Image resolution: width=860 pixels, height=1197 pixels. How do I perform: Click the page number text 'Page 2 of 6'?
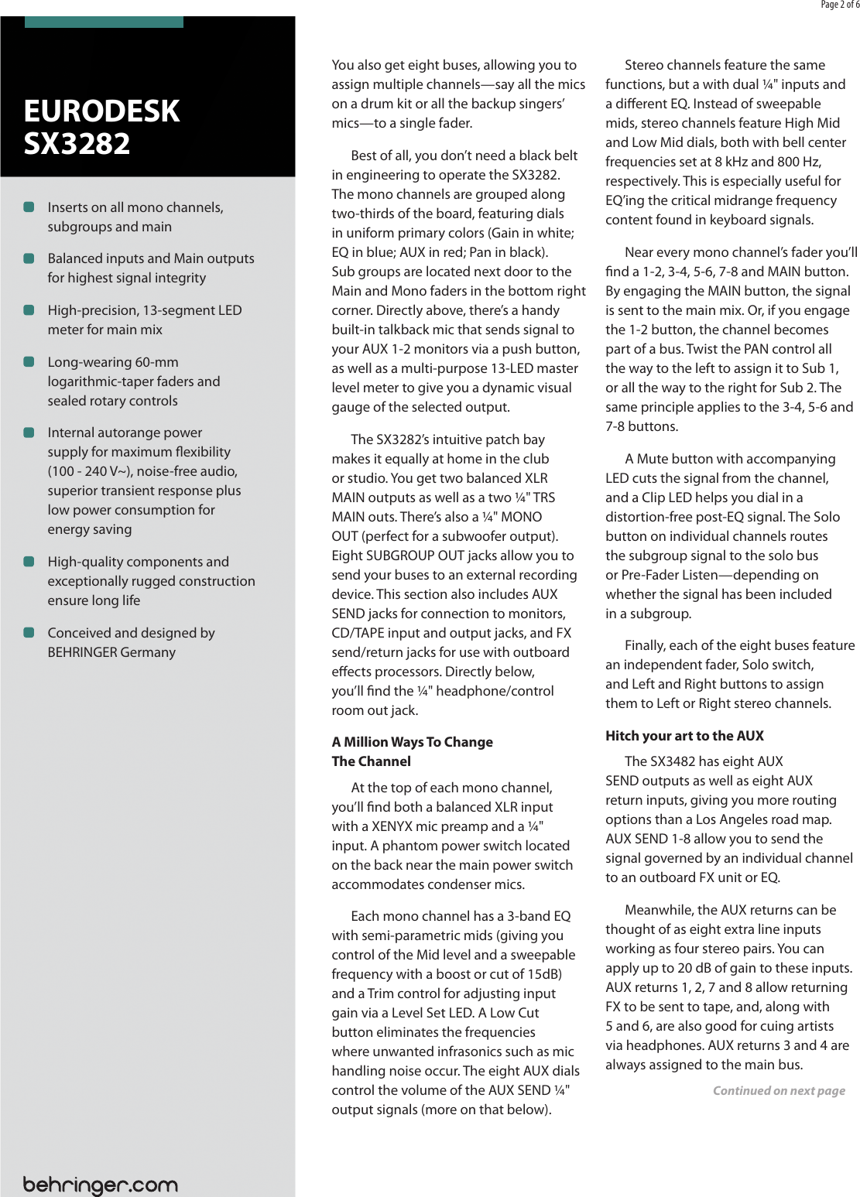pyautogui.click(x=839, y=5)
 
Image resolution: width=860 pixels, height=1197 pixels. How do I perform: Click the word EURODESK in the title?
pyautogui.click(x=101, y=111)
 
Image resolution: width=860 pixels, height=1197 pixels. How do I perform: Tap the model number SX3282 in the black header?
pyautogui.click(x=77, y=144)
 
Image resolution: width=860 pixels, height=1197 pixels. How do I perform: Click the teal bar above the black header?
pyautogui.click(x=104, y=22)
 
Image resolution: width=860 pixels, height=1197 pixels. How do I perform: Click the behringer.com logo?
pyautogui.click(x=101, y=1184)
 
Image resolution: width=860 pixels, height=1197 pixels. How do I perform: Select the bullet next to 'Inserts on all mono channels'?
pyautogui.click(x=29, y=207)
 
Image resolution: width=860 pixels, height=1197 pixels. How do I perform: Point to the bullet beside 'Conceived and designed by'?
pyautogui.click(x=29, y=632)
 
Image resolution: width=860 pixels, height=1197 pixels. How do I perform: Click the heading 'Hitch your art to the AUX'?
pyautogui.click(x=684, y=736)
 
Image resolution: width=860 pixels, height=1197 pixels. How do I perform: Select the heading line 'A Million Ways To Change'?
pyautogui.click(x=412, y=742)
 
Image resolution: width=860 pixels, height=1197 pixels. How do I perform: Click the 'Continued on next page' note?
pyautogui.click(x=779, y=1091)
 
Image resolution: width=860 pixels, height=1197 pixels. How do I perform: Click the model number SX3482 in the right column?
pyautogui.click(x=672, y=761)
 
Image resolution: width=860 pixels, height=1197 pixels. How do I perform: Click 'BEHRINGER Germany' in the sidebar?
pyautogui.click(x=111, y=652)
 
